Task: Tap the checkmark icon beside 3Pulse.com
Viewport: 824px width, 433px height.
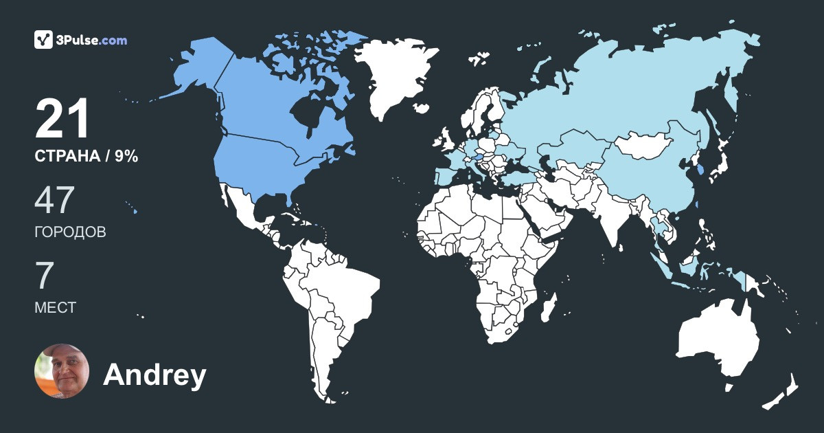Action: click(44, 40)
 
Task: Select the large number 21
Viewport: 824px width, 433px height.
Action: click(62, 120)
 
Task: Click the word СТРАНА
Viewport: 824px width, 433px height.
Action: click(67, 157)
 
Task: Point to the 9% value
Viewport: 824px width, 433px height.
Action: click(126, 157)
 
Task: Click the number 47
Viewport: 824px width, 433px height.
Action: click(54, 201)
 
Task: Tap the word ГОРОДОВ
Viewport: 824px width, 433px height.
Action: click(70, 232)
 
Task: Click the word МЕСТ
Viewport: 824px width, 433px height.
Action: click(55, 307)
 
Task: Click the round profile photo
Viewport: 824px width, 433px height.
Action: click(62, 371)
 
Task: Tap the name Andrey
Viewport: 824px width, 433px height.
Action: click(154, 375)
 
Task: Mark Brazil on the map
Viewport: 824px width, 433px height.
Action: click(343, 289)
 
